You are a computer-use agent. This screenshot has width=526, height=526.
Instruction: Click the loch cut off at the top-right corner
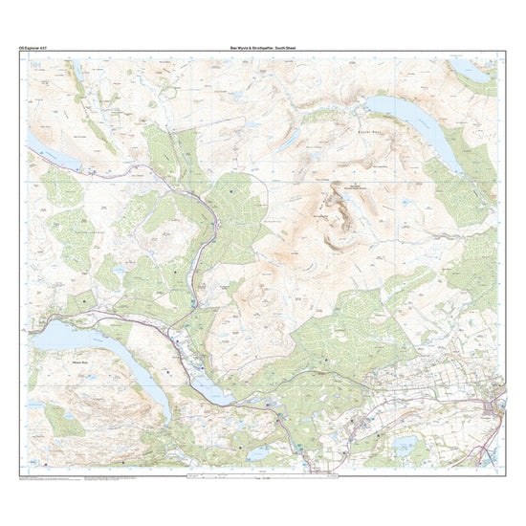click(474, 71)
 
